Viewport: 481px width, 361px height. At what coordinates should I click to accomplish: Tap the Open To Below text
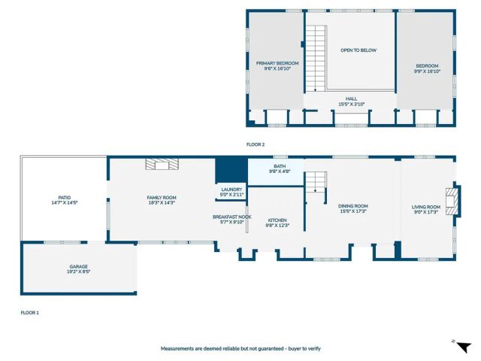pyautogui.click(x=358, y=50)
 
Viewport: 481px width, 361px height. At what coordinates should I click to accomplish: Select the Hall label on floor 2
pyautogui.click(x=351, y=102)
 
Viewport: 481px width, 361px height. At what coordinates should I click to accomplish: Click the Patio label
pyautogui.click(x=65, y=200)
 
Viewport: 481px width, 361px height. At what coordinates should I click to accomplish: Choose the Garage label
pyautogui.click(x=79, y=269)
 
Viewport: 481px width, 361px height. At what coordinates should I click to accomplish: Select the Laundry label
pyautogui.click(x=231, y=192)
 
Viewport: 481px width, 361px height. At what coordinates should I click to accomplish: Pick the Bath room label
pyautogui.click(x=280, y=169)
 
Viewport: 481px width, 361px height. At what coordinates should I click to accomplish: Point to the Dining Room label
pyautogui.click(x=352, y=208)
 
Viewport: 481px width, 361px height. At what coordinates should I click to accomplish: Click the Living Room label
pyautogui.click(x=426, y=209)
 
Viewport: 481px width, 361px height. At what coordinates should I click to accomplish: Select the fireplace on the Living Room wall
pyautogui.click(x=450, y=202)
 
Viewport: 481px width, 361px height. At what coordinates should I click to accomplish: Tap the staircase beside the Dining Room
pyautogui.click(x=316, y=181)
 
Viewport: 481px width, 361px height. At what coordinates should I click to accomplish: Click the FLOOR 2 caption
pyautogui.click(x=256, y=144)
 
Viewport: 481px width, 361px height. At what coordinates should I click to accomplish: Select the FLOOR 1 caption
pyautogui.click(x=29, y=312)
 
